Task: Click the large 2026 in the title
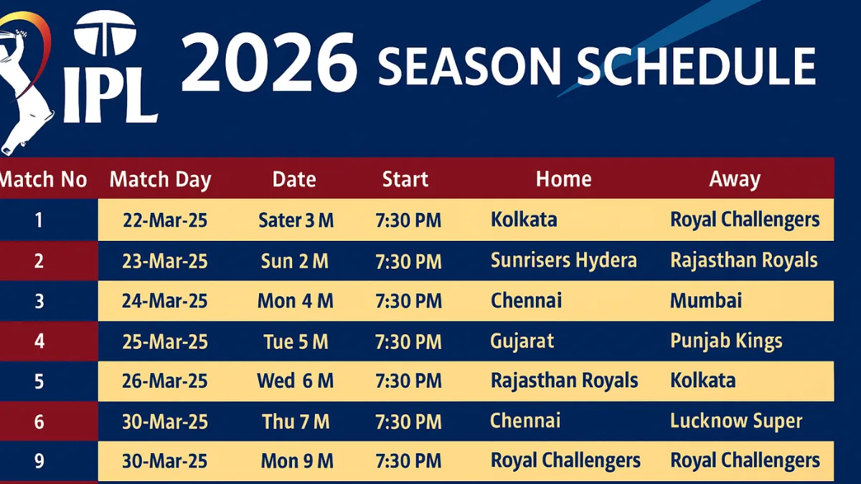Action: click(269, 66)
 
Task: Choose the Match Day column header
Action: click(160, 179)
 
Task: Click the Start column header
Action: click(405, 179)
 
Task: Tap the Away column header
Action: click(734, 179)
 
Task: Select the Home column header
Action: click(563, 179)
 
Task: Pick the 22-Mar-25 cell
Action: click(165, 220)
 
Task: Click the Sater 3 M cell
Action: click(296, 220)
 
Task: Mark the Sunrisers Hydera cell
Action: click(563, 260)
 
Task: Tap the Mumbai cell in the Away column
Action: click(705, 300)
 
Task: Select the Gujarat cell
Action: click(522, 341)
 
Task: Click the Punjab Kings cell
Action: click(725, 341)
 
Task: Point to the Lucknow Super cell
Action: click(735, 421)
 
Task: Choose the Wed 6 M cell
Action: click(295, 381)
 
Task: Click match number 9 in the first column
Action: click(39, 460)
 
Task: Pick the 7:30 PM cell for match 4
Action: click(408, 341)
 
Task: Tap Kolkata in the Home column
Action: click(523, 219)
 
